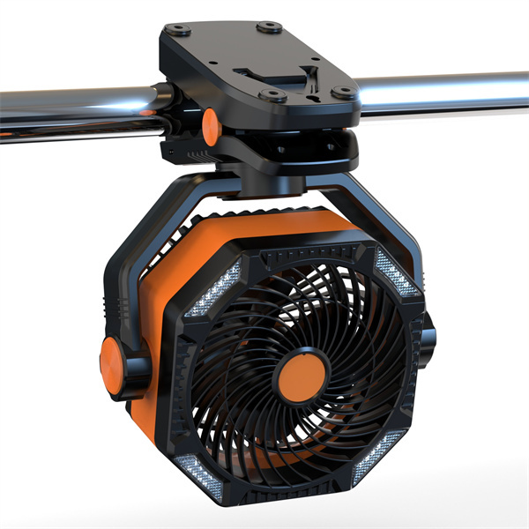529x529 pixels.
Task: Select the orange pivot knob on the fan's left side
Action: tap(112, 360)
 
